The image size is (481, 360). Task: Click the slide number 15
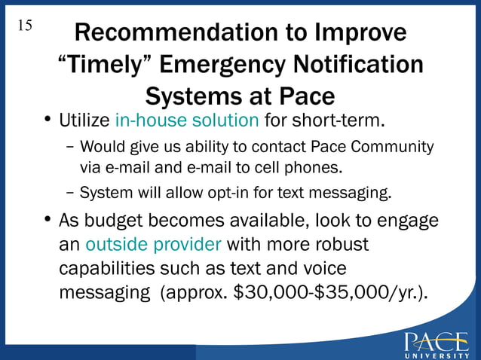click(x=24, y=26)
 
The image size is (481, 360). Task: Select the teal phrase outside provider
click(x=153, y=245)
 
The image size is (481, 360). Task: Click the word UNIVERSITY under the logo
click(x=435, y=355)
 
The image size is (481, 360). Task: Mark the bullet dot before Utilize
click(x=47, y=121)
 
